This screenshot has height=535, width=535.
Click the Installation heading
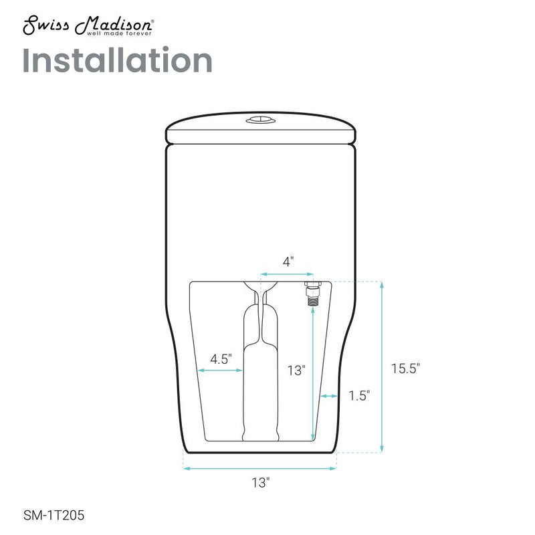(x=118, y=61)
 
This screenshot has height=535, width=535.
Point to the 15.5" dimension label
(x=406, y=367)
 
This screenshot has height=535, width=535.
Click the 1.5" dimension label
(x=358, y=396)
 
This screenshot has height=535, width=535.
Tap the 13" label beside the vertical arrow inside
(x=296, y=370)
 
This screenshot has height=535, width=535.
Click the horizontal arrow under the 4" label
(x=287, y=274)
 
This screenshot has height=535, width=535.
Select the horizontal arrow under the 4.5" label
(x=219, y=370)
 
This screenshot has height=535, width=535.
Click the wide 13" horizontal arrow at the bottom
(x=259, y=469)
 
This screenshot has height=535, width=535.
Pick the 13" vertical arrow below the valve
(x=312, y=374)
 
